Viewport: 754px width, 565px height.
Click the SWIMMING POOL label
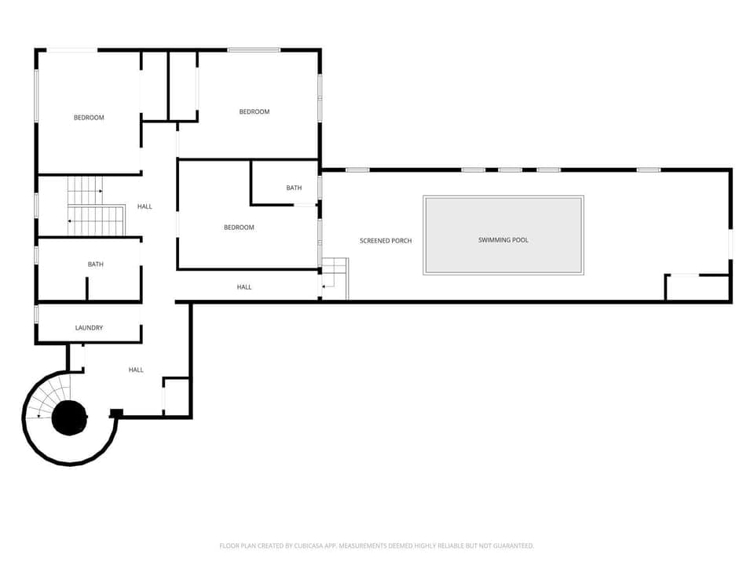(503, 240)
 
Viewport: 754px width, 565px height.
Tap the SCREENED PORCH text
(386, 241)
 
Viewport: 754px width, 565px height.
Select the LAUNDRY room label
(89, 328)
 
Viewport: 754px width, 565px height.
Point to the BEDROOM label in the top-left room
(89, 118)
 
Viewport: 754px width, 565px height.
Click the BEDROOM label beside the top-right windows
(254, 112)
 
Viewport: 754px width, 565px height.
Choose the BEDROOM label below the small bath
(239, 228)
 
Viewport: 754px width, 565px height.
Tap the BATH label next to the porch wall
(294, 188)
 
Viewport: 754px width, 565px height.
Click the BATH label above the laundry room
(96, 264)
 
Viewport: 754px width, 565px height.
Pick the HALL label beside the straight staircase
(145, 206)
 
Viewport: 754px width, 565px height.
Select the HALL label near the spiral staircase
(136, 370)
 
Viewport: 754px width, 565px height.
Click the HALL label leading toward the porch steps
(244, 287)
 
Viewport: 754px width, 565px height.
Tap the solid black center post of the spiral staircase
(70, 417)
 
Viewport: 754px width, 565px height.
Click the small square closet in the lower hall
(177, 395)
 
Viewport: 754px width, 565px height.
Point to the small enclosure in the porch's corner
(697, 287)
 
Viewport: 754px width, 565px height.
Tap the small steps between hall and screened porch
(335, 279)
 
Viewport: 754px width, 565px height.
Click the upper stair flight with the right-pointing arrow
(85, 190)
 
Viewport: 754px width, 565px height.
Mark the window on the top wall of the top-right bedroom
(254, 50)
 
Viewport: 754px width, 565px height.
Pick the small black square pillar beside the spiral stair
(116, 414)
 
